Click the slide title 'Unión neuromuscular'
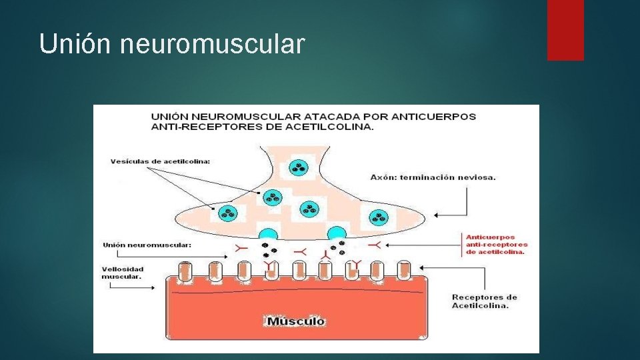pos(172,44)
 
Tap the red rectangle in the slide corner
pos(565,29)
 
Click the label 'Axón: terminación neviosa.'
pos(433,177)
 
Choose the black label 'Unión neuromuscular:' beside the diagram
pos(147,245)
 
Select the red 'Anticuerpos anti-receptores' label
pos(496,244)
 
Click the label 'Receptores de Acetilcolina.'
pos(484,301)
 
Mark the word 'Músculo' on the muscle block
pos(296,321)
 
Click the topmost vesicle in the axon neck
pos(297,168)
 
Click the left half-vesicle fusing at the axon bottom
pos(268,234)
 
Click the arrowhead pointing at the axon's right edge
pos(437,215)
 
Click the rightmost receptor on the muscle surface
pos(404,271)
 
